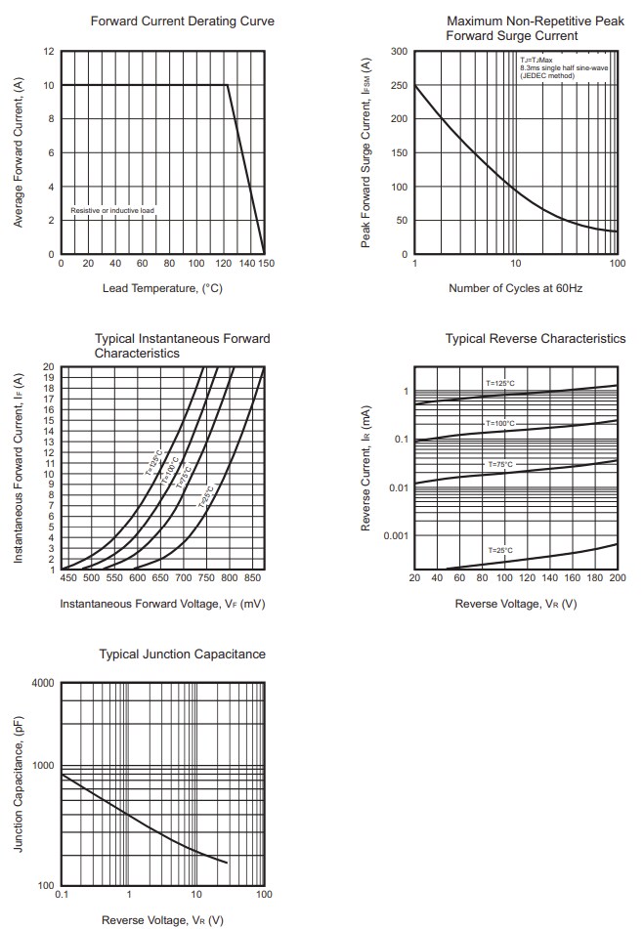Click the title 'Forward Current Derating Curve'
pyautogui.click(x=182, y=21)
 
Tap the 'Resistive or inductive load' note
pyautogui.click(x=112, y=210)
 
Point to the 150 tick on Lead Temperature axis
pyautogui.click(x=265, y=264)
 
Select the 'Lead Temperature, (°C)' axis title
pyautogui.click(x=162, y=288)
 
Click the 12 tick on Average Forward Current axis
pyautogui.click(x=49, y=51)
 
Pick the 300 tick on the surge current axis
pyautogui.click(x=399, y=51)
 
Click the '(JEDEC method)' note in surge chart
pyautogui.click(x=546, y=75)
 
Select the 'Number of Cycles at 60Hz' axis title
pyautogui.click(x=515, y=288)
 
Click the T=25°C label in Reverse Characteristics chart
pyautogui.click(x=500, y=551)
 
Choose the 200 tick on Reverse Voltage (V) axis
pyautogui.click(x=617, y=578)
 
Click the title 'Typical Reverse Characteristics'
pyautogui.click(x=536, y=338)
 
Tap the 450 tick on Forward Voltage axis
pyautogui.click(x=69, y=578)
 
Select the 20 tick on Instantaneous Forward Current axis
pyautogui.click(x=49, y=367)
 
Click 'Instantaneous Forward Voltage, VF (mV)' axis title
pyautogui.click(x=162, y=604)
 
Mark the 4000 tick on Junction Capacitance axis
pyautogui.click(x=43, y=682)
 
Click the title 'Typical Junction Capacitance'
pyautogui.click(x=182, y=654)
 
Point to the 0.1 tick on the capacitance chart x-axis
pyautogui.click(x=62, y=895)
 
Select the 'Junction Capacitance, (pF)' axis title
pyautogui.click(x=19, y=783)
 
